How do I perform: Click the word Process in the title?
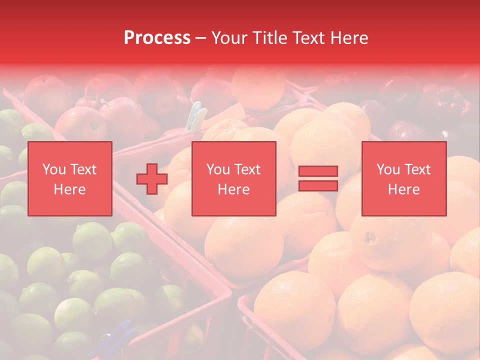tap(157, 38)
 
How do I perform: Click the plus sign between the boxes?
tap(152, 178)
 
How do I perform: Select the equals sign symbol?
tap(318, 178)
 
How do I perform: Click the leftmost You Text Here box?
tap(69, 178)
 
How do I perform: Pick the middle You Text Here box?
tap(233, 178)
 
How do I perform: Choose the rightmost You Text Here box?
tap(403, 178)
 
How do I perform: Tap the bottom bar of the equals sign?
tap(318, 185)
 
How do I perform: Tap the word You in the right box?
tap(388, 169)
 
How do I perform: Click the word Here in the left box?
tap(69, 189)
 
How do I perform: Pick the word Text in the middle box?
tap(247, 169)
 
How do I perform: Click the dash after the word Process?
tap(200, 38)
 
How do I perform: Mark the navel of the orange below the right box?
tap(370, 236)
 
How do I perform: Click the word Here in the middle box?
tap(233, 189)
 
